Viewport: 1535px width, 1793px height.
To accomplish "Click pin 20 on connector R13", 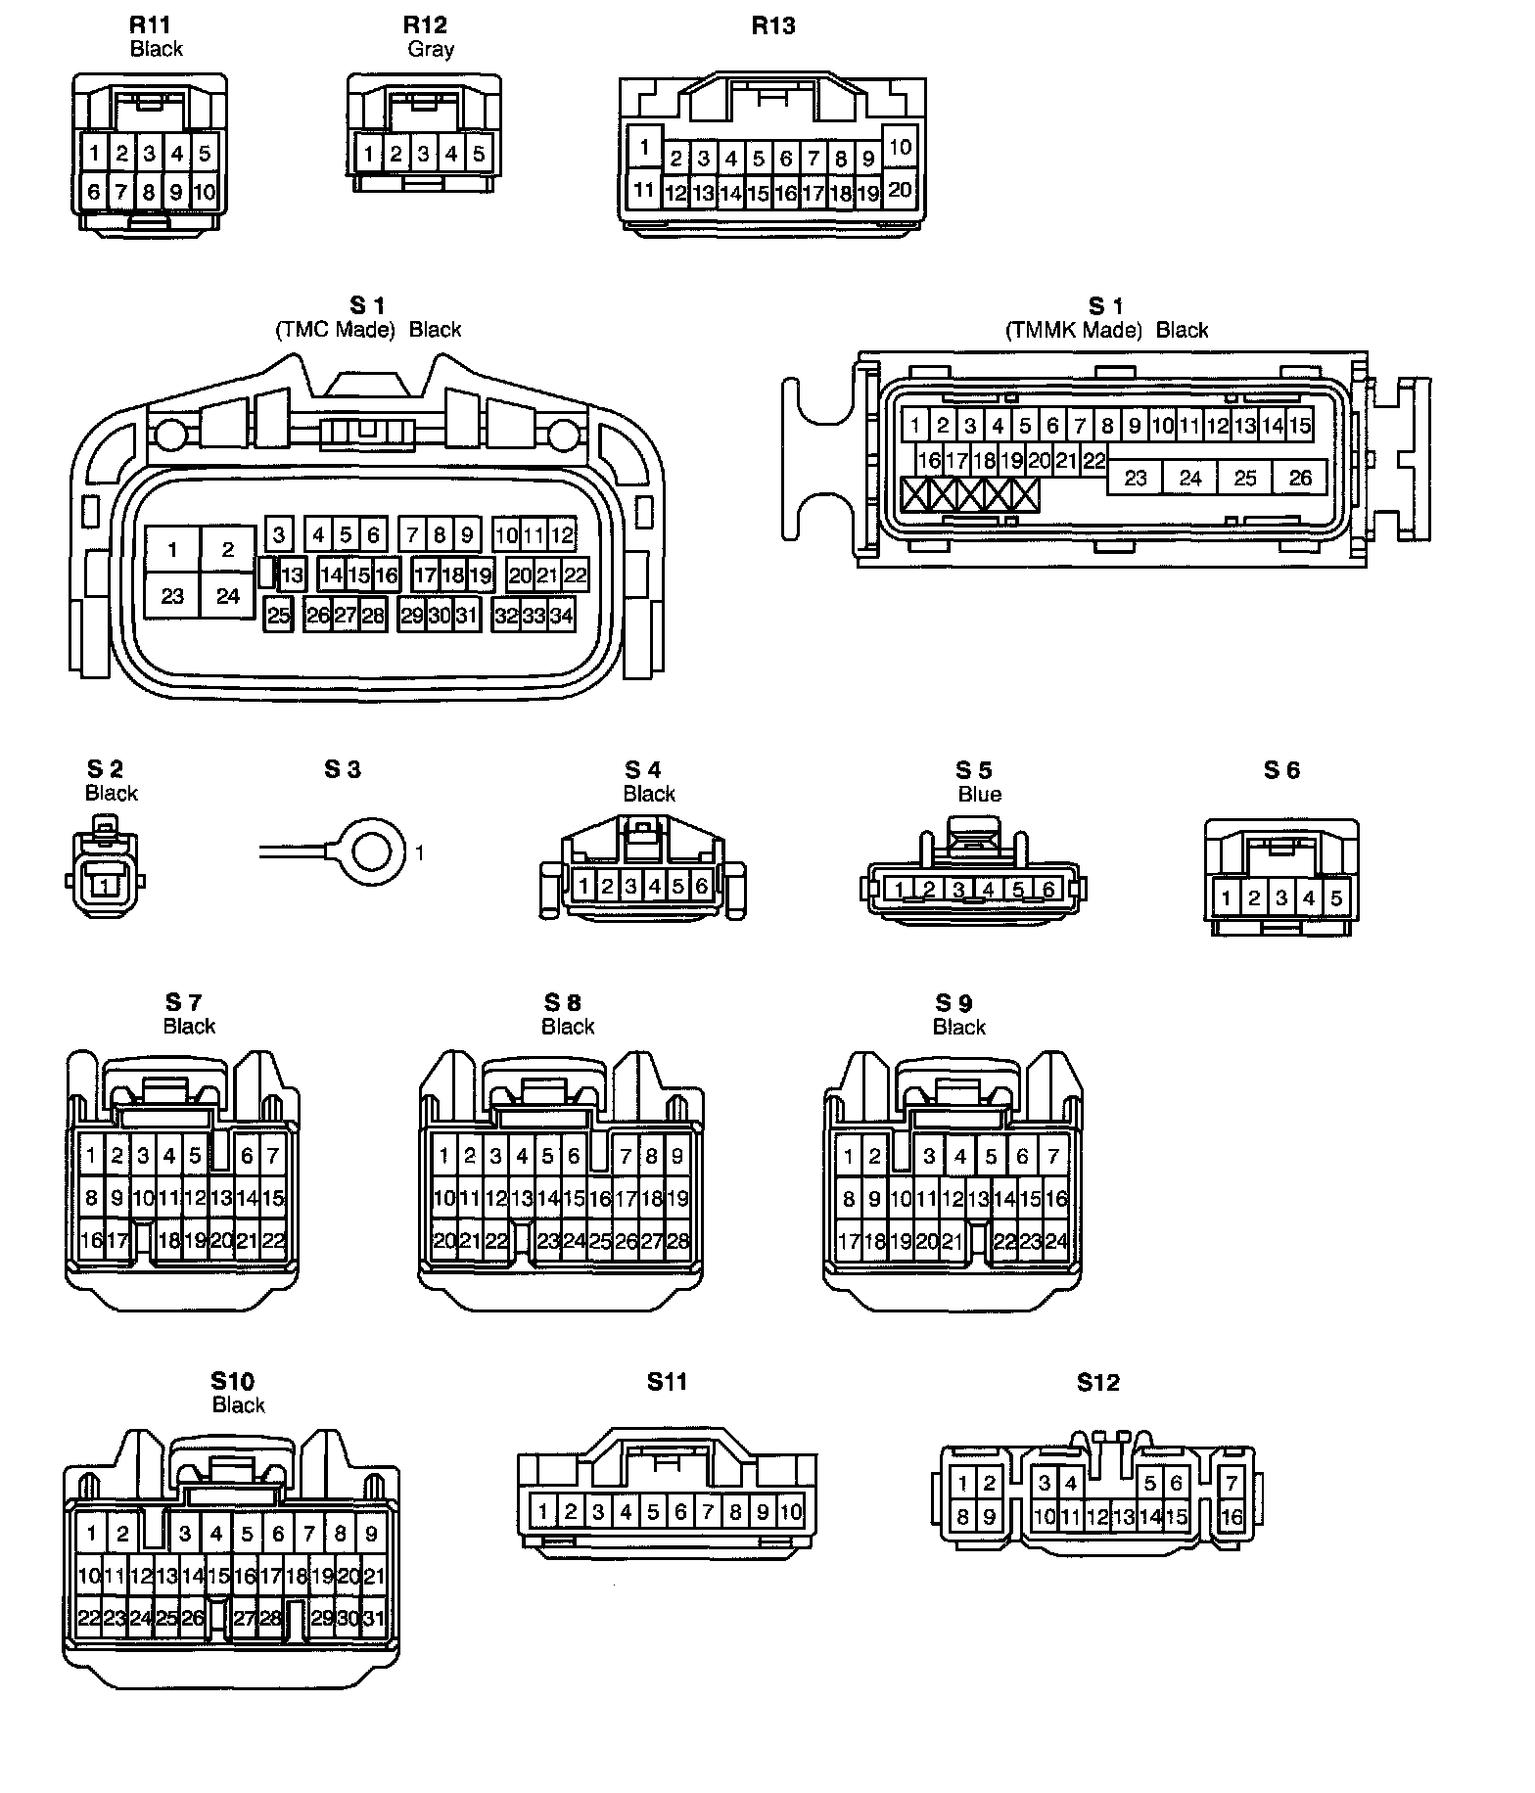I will (x=900, y=190).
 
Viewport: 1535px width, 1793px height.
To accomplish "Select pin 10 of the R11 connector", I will (x=204, y=192).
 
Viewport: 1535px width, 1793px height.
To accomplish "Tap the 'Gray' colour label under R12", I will (x=431, y=49).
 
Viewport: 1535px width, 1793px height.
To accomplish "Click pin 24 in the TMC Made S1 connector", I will (x=228, y=596).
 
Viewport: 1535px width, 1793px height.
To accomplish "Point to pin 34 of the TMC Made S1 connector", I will (x=561, y=616).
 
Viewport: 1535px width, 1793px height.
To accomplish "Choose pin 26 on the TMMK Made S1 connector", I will (x=1300, y=479).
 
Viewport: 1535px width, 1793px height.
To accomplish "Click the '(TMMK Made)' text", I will (x=1074, y=330).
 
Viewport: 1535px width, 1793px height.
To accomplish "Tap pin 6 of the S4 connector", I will (x=702, y=887).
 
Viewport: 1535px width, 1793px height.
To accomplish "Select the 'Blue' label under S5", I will (x=979, y=794).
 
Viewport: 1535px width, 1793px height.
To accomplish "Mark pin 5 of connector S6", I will (x=1336, y=896).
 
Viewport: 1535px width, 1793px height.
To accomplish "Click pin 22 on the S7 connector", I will (x=273, y=1241).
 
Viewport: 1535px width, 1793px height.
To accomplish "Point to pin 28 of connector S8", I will (x=677, y=1241).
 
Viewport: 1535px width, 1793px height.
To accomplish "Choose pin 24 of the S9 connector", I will (x=1055, y=1241).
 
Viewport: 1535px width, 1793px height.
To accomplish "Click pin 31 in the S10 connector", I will (x=373, y=1618).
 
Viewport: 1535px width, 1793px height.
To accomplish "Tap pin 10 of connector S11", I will (x=790, y=1512).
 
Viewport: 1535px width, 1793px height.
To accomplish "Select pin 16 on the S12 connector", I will (x=1232, y=1518).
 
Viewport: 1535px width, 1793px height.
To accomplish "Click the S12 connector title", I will (x=1097, y=1382).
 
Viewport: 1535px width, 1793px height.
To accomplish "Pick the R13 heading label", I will (x=773, y=25).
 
